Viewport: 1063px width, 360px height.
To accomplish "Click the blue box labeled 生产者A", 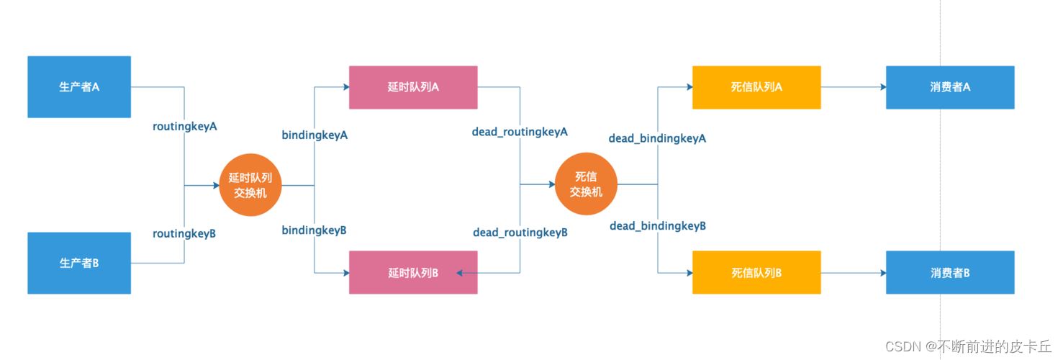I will click(x=79, y=86).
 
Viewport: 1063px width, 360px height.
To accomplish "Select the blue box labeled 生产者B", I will click(x=79, y=263).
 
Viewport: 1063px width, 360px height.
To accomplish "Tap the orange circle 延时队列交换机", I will click(x=250, y=186).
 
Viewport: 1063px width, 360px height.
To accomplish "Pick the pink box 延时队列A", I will click(x=413, y=87).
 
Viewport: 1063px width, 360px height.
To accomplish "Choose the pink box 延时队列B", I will click(x=413, y=272).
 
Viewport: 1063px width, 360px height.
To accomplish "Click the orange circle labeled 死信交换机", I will click(x=586, y=185).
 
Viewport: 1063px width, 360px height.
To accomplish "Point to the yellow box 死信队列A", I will click(x=756, y=87).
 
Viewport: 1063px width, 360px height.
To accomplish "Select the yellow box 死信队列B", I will click(x=756, y=272).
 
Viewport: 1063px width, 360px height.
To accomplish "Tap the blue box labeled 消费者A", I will click(x=950, y=87).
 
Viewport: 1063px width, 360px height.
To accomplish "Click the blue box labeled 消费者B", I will click(x=950, y=272).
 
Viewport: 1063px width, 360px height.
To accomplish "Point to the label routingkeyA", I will click(x=185, y=126).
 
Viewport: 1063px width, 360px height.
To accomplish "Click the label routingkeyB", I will click(x=184, y=233).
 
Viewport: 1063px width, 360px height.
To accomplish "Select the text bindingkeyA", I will click(x=315, y=135).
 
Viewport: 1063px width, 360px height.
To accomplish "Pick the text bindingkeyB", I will click(x=314, y=230).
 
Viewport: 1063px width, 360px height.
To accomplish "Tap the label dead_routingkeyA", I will click(x=520, y=132).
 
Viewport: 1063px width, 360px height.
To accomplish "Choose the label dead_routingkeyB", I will click(x=520, y=233).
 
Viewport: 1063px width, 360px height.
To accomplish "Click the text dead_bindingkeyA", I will click(x=657, y=138).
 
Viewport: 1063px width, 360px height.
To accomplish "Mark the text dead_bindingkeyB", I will click(x=658, y=226).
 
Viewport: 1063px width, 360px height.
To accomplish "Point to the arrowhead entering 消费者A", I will click(x=882, y=87).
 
